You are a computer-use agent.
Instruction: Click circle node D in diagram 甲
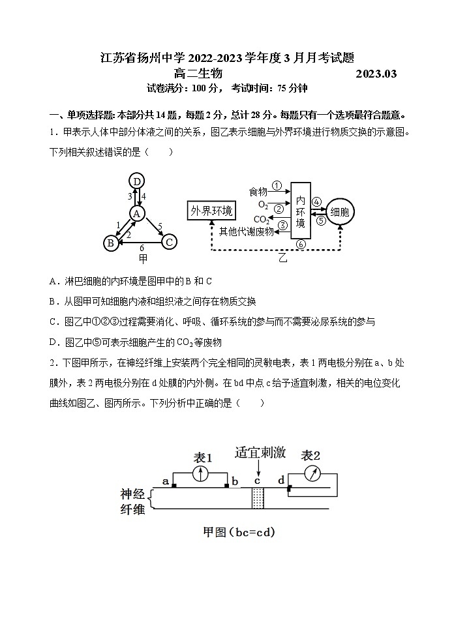click(136, 181)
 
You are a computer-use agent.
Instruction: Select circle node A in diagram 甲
click(136, 213)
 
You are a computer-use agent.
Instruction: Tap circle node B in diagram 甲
click(110, 243)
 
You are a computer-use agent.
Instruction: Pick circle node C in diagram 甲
click(168, 243)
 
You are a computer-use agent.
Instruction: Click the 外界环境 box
click(211, 211)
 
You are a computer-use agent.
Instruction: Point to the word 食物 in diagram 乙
click(258, 192)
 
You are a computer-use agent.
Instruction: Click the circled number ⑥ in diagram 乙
click(300, 245)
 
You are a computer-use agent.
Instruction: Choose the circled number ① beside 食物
click(277, 186)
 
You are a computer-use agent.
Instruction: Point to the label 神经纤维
click(133, 501)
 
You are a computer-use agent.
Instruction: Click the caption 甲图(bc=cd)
click(239, 532)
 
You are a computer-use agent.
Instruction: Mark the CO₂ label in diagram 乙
click(262, 219)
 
